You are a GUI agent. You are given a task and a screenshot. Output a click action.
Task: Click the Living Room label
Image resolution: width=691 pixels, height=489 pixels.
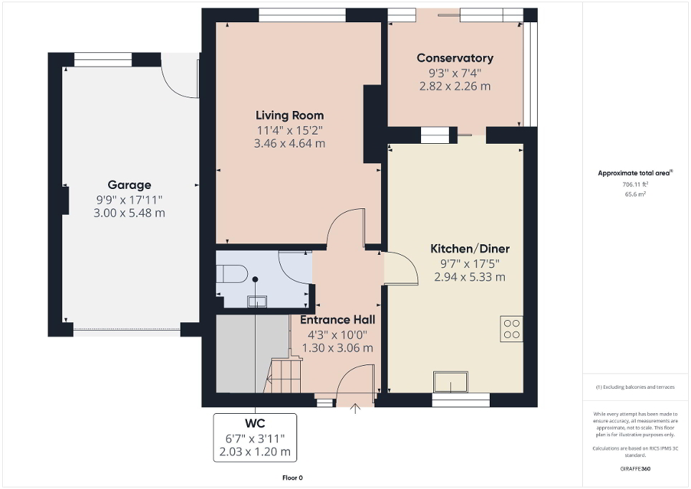pos(289,115)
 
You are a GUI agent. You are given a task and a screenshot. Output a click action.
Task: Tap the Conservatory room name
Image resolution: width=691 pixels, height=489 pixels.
pos(455,58)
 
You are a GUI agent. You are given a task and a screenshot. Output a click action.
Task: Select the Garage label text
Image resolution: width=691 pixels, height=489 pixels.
pos(129,185)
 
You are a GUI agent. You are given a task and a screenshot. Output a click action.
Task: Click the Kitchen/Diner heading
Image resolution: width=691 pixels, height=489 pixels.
pos(469,248)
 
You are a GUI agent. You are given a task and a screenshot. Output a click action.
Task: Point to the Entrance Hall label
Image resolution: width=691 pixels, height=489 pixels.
pos(337,320)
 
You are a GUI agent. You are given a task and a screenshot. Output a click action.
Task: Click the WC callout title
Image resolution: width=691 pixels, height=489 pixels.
pos(254,421)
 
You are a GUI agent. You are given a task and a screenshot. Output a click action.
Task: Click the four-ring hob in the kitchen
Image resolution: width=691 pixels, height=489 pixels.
pos(511,328)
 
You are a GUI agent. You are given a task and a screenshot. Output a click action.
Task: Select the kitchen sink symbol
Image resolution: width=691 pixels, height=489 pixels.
pos(450,382)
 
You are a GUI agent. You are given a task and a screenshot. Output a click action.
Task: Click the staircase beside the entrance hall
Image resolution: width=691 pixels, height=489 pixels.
pos(284,374)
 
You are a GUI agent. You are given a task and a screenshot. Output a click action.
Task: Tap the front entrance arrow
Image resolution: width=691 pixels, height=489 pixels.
pos(356,409)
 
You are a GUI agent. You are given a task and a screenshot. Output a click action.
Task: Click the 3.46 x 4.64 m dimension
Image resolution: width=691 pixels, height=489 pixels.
pos(289,143)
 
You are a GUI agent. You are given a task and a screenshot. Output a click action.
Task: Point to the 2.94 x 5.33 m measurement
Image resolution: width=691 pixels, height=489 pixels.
pos(469,276)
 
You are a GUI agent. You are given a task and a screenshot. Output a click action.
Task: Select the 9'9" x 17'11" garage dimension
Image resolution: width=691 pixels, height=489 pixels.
pos(129,199)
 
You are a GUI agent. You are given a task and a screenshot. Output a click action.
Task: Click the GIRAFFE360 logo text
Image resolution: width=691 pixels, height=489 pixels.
pos(636,469)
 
